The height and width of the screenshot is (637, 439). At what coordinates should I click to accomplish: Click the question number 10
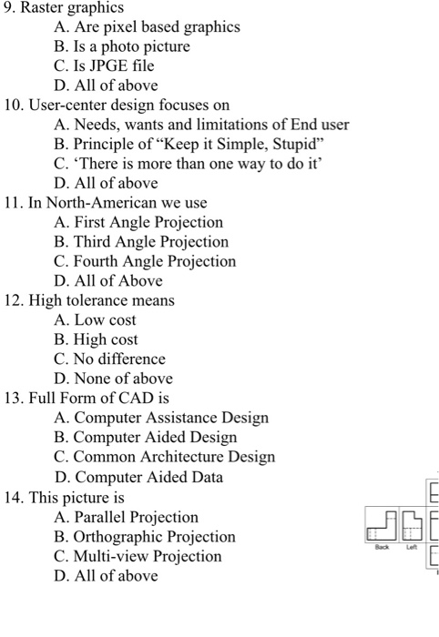13,106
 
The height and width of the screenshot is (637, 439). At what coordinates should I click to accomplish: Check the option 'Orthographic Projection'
145,537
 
